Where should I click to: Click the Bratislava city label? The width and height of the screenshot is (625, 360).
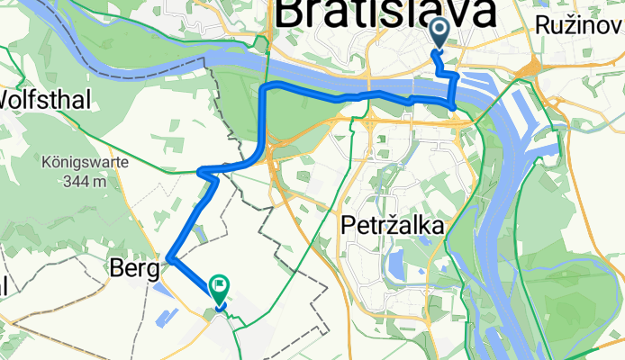pos(385,14)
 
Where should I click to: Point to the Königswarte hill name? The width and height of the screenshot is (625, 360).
pos(84,164)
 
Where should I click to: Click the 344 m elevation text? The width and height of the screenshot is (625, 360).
pos(84,181)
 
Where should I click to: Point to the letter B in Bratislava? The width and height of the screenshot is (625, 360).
pos(293,14)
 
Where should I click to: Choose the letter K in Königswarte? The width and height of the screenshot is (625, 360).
pos(45,164)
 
